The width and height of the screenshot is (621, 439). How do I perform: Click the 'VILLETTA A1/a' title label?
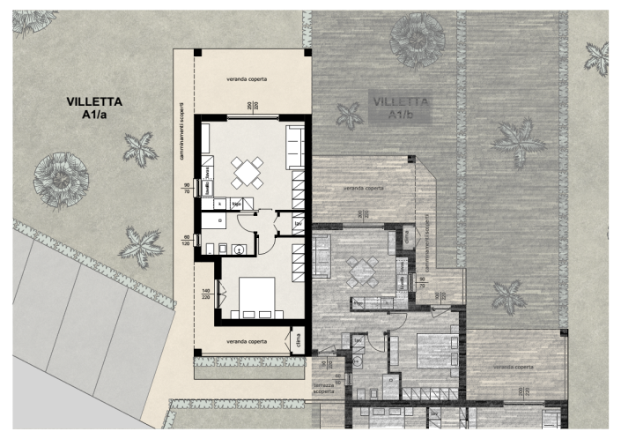[94, 108]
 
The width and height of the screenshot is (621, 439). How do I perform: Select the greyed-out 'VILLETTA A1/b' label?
[402, 108]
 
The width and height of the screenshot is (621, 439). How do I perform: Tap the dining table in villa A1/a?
[248, 171]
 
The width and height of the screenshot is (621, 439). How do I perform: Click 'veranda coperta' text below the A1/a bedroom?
[247, 340]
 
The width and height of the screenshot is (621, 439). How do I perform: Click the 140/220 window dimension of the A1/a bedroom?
[206, 294]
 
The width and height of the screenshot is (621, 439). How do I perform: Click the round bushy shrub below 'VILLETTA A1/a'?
[60, 178]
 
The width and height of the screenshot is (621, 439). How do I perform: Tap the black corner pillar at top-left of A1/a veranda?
[197, 49]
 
